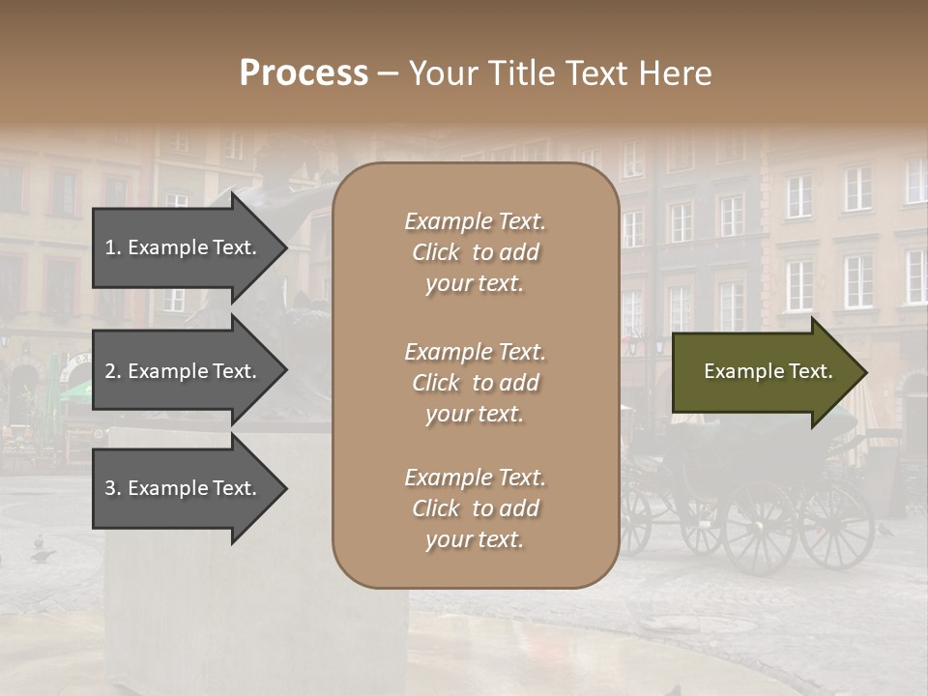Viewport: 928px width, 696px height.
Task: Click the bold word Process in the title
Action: (304, 73)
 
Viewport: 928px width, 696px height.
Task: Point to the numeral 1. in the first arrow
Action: (113, 247)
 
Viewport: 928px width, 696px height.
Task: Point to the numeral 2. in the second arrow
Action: (113, 371)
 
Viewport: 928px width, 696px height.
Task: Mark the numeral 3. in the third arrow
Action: (113, 488)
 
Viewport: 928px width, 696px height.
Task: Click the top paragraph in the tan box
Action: (475, 252)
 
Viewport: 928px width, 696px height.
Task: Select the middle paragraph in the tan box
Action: (475, 383)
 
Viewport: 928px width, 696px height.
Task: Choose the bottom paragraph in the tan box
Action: (475, 508)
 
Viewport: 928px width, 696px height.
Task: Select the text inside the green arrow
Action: (768, 372)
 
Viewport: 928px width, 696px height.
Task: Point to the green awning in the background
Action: (75, 391)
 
